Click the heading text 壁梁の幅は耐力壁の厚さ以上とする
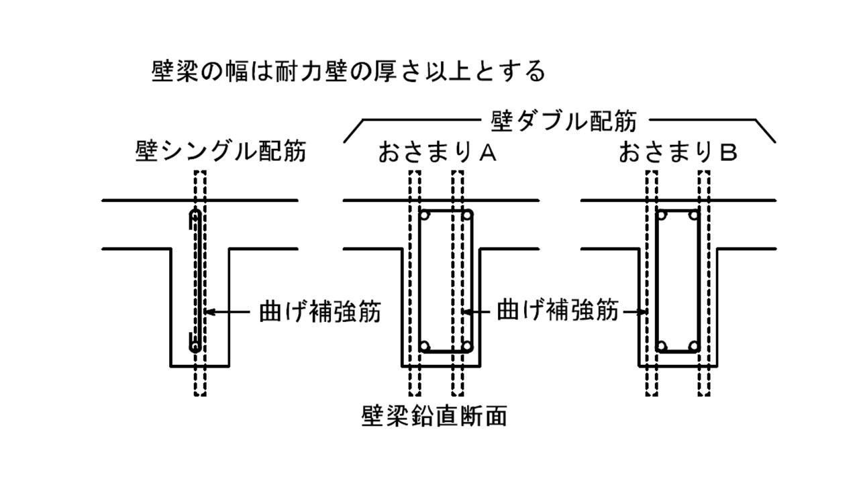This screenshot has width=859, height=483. point(349,71)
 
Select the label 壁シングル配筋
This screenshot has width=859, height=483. point(220,152)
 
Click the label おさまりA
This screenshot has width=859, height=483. point(437,154)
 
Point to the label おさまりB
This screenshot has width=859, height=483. point(678,154)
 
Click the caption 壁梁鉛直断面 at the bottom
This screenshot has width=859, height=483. point(434,416)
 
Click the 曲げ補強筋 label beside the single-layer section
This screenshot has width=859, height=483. point(319,312)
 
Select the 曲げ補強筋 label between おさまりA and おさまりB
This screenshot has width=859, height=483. point(557,312)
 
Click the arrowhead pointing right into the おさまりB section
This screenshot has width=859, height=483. point(642,312)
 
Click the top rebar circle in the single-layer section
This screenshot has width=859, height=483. point(195,217)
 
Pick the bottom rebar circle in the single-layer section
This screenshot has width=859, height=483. point(195,347)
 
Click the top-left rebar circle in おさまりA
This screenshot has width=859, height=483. point(425,216)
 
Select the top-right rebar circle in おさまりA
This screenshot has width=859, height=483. point(467,216)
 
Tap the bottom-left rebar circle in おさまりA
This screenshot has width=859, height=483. point(425,346)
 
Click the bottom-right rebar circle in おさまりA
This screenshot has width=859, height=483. point(467,346)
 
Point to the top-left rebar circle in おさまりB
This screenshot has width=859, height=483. point(662,216)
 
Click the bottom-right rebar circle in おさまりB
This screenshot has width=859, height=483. point(695,346)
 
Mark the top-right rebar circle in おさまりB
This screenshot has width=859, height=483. point(695,216)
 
